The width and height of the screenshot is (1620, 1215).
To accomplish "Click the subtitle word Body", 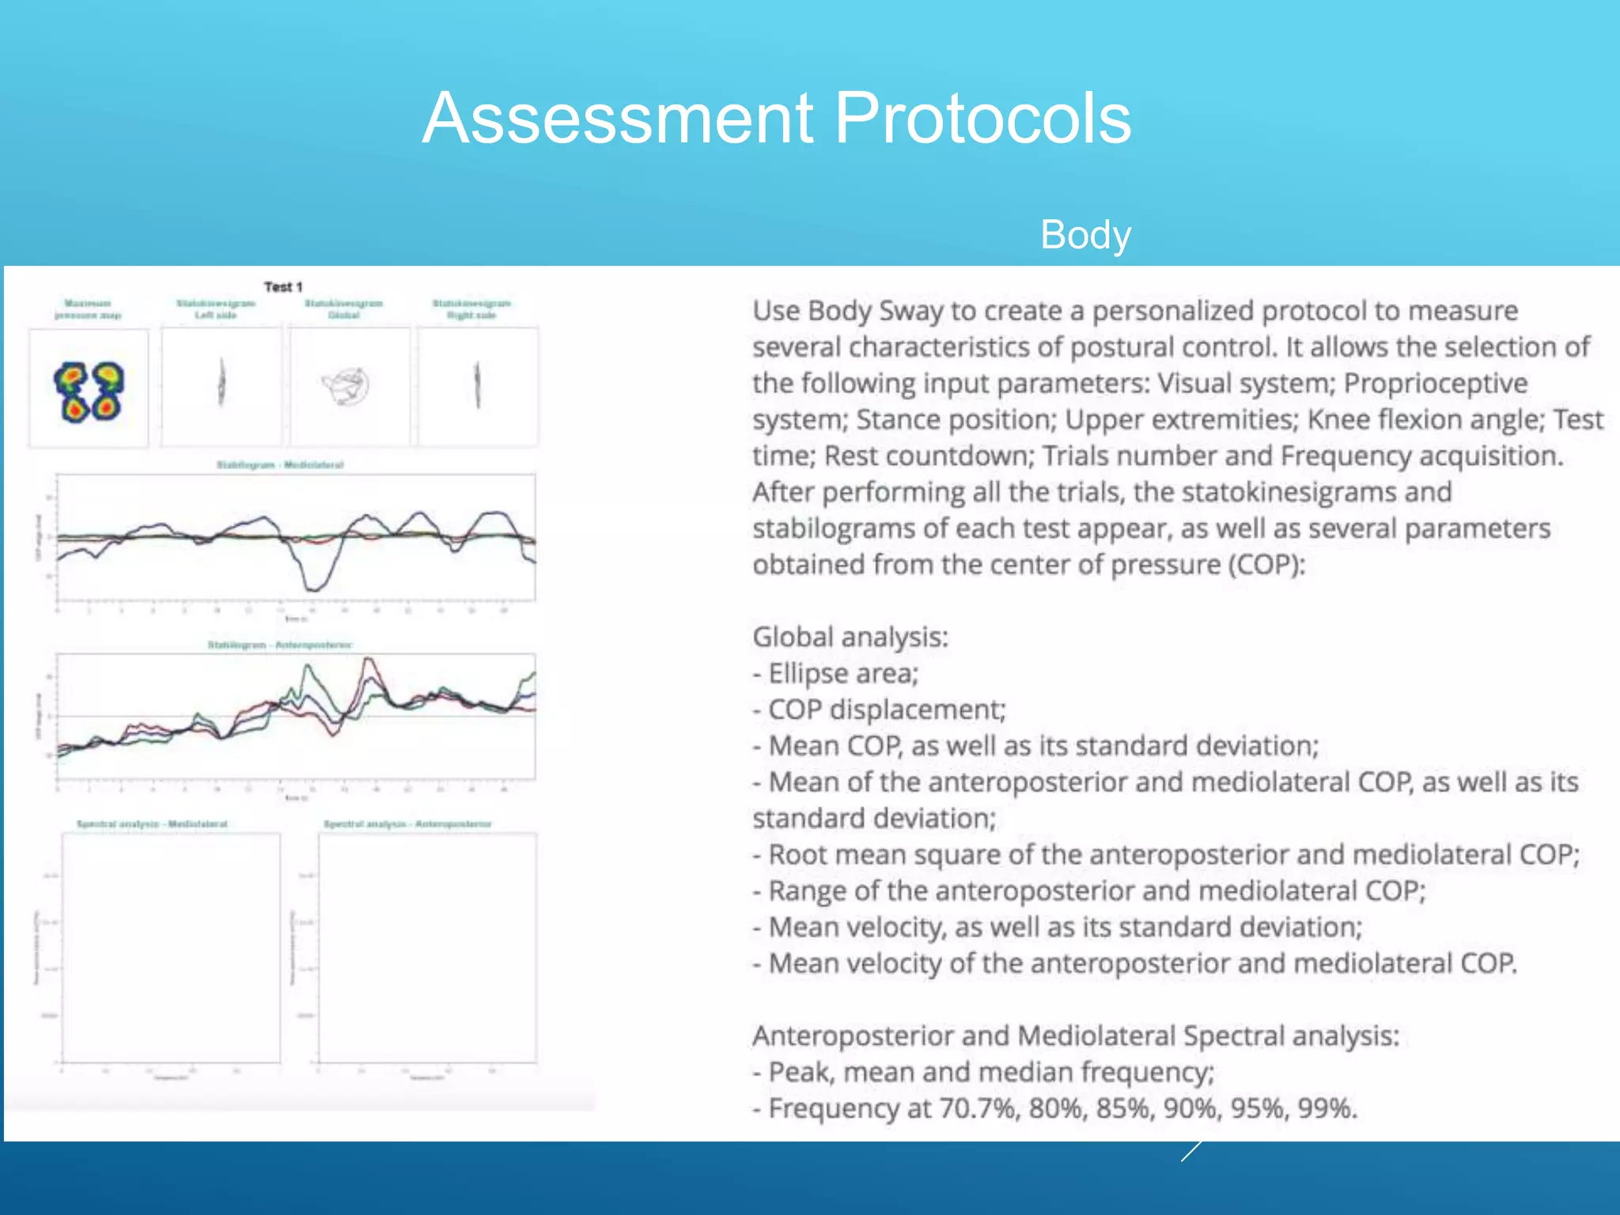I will click(1085, 235).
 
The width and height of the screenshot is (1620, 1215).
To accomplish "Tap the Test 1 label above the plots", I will click(283, 286).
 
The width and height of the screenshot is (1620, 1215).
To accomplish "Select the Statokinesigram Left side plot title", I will click(216, 308).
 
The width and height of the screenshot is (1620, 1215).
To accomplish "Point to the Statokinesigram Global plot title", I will click(344, 308).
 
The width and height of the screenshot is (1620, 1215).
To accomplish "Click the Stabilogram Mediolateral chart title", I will click(280, 464).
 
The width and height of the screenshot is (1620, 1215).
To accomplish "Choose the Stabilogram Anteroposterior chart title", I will click(280, 645).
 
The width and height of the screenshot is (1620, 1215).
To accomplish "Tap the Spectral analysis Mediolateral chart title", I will click(152, 823).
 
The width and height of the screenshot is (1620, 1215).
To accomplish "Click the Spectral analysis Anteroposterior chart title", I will click(407, 823).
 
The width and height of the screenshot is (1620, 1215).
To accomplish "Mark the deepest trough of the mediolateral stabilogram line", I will click(313, 589).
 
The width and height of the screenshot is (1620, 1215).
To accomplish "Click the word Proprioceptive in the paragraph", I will click(1436, 383).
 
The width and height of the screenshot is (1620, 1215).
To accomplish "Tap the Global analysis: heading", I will click(850, 637).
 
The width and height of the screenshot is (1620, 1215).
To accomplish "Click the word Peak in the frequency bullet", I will click(799, 1072).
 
